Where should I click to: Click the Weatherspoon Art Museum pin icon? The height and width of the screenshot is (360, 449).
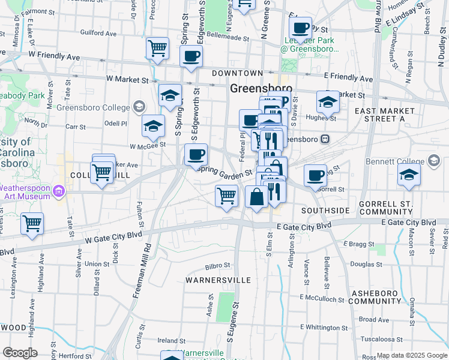[x=59, y=192]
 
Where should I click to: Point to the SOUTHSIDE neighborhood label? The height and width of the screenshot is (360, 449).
[x=325, y=211]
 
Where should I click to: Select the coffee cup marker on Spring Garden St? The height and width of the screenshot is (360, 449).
[x=196, y=155]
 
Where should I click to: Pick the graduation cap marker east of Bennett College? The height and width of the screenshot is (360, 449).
[x=409, y=175]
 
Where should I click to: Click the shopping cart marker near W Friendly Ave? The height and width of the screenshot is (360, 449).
[x=157, y=48]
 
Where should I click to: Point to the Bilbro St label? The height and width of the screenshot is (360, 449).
[x=217, y=265]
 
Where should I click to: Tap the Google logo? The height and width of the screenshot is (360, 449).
[x=20, y=353]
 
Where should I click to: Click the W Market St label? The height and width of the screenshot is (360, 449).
[x=127, y=79]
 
